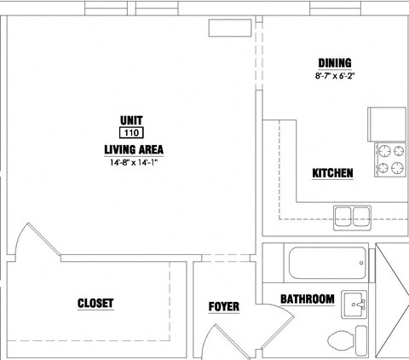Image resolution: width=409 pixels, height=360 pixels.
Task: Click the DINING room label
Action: [x=335, y=63]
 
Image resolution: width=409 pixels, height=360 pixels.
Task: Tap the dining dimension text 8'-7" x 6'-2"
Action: [x=335, y=76]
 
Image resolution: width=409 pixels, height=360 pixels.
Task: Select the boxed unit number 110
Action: [x=131, y=133]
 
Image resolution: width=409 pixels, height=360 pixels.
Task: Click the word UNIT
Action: [x=131, y=120]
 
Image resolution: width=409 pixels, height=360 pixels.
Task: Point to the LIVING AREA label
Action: [x=134, y=149]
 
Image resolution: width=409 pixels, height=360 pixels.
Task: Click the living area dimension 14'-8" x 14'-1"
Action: [x=134, y=163]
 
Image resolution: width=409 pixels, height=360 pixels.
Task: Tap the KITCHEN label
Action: [x=332, y=173]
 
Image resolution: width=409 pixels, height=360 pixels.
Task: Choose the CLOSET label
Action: [x=95, y=304]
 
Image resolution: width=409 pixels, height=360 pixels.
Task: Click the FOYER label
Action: [x=224, y=307]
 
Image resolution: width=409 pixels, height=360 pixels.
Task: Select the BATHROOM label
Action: [x=308, y=299]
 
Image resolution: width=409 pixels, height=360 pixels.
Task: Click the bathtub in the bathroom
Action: [x=327, y=263]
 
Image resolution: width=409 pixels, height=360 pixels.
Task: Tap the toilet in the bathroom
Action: [x=347, y=340]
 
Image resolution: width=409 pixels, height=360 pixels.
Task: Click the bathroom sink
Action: [x=354, y=305]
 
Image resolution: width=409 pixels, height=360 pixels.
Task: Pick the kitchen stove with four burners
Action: [x=390, y=160]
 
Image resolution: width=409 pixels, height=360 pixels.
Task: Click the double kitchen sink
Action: [x=352, y=218]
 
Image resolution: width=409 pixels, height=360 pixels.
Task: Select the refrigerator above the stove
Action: [x=387, y=125]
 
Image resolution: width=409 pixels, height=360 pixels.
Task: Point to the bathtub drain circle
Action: [x=361, y=263]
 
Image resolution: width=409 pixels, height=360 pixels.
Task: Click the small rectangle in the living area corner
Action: [x=230, y=28]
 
